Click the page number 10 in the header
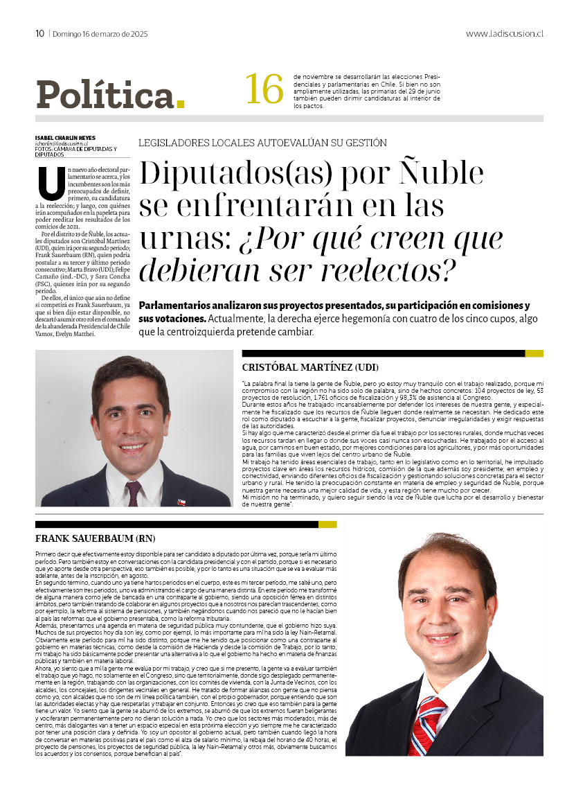[x=40, y=33]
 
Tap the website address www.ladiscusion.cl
[x=504, y=33]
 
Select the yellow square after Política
[x=181, y=105]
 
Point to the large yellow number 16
[x=264, y=90]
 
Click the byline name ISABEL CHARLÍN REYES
[x=65, y=138]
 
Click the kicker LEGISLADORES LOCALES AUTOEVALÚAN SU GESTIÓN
[x=262, y=143]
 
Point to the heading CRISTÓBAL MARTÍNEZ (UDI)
[x=310, y=367]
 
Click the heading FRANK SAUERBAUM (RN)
[x=96, y=538]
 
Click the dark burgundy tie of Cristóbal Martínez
[x=133, y=493]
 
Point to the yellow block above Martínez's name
[x=534, y=353]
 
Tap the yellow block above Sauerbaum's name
[x=327, y=524]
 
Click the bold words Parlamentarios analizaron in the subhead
[x=201, y=306]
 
